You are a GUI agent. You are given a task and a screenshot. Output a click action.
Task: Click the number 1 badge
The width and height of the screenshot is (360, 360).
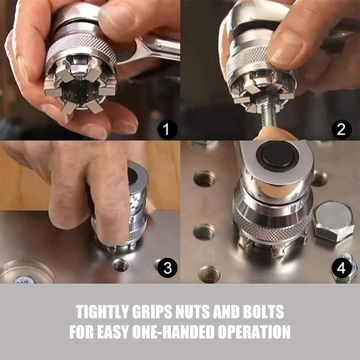(167, 130)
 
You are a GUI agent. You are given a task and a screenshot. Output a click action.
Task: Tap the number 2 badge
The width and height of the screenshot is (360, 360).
(342, 130)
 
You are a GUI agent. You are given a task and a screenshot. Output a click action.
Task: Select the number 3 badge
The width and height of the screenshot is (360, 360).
(167, 268)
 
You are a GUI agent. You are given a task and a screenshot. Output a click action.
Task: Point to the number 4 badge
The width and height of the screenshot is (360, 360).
(342, 269)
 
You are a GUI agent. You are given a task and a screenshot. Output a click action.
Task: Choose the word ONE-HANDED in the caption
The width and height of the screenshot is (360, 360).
(182, 332)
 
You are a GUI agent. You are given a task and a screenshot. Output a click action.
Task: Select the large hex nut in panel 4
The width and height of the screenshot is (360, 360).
(333, 220)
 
